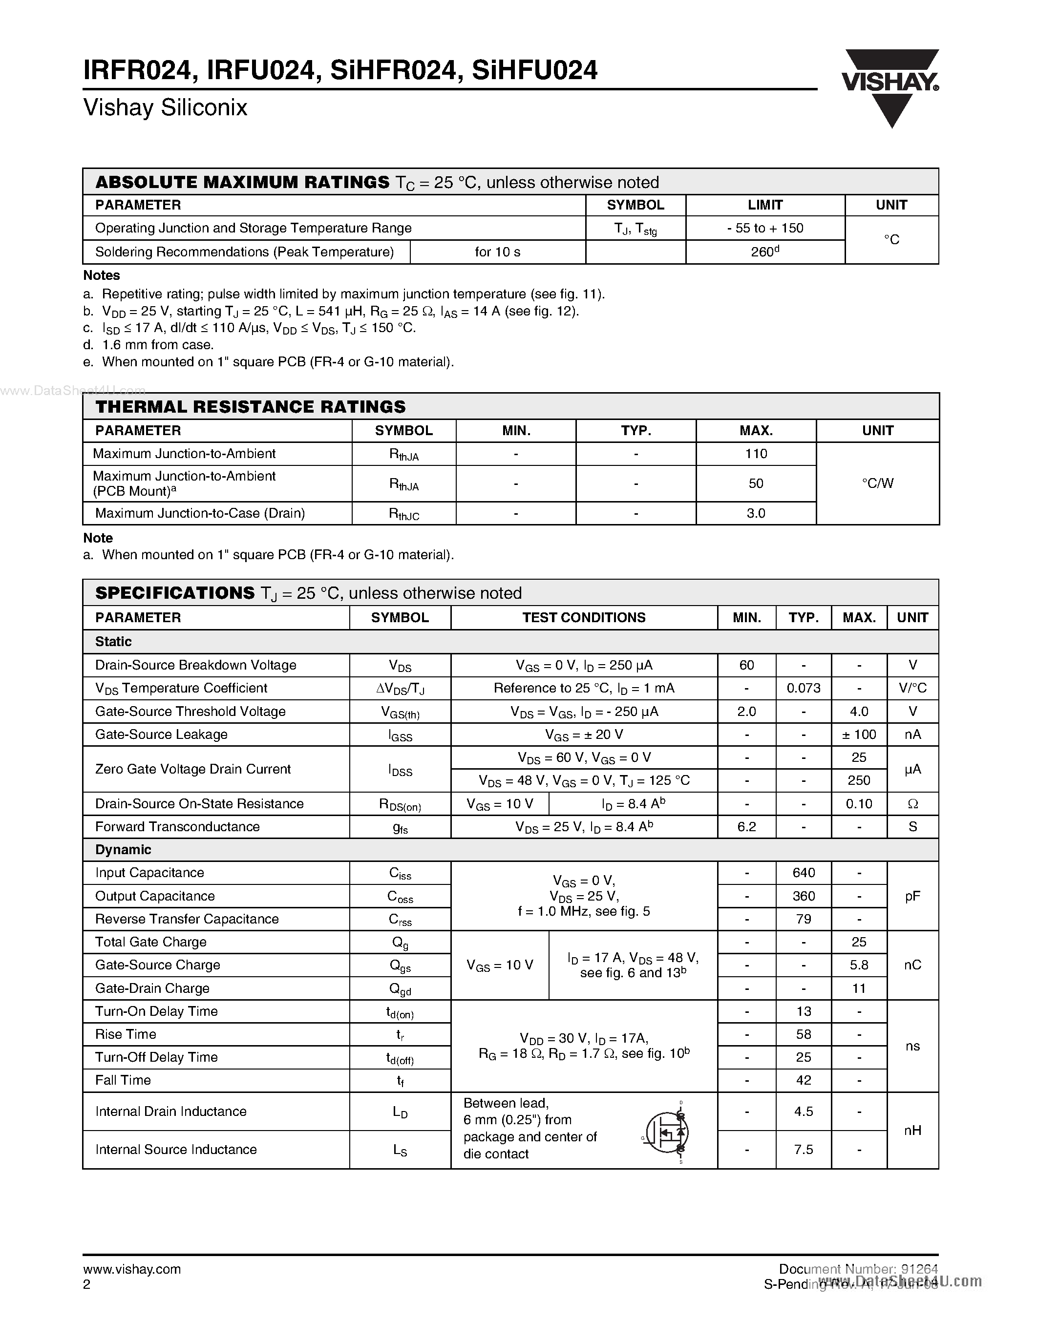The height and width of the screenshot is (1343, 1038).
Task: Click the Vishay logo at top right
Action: pyautogui.click(x=890, y=87)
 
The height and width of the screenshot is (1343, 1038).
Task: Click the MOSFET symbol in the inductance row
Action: pyautogui.click(x=665, y=1132)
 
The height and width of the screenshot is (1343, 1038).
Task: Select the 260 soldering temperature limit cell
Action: pyautogui.click(x=764, y=252)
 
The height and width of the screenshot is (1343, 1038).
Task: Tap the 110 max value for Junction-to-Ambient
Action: pyautogui.click(x=756, y=454)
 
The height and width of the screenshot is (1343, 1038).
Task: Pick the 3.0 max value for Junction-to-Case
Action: pyautogui.click(x=756, y=513)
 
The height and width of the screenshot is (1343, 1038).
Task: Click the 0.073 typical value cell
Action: pyautogui.click(x=803, y=688)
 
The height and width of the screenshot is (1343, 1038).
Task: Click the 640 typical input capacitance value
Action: pyautogui.click(x=803, y=873)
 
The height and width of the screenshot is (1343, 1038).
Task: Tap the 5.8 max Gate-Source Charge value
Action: pyautogui.click(x=858, y=965)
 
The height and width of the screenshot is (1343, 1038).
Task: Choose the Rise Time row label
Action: pyautogui.click(x=126, y=1034)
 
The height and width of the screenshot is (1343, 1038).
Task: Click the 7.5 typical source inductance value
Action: pyautogui.click(x=803, y=1150)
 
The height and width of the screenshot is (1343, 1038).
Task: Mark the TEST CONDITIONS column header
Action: pyautogui.click(x=584, y=617)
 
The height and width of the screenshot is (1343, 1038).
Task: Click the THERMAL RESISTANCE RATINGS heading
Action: pyautogui.click(x=250, y=407)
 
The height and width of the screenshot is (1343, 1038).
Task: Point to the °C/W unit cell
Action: pyautogui.click(x=877, y=483)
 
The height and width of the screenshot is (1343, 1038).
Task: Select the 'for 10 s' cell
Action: pyautogui.click(x=497, y=252)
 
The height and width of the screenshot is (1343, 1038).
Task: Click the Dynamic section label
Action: pyautogui.click(x=123, y=850)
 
